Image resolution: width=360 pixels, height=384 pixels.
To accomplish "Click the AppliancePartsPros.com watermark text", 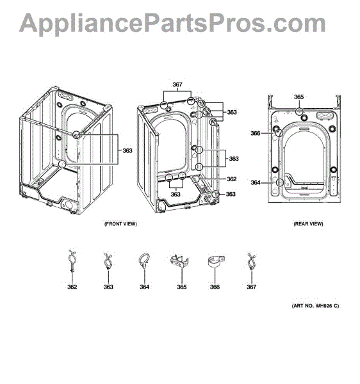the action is tap(172, 22).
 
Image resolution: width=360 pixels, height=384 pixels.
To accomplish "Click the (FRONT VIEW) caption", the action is tap(120, 224).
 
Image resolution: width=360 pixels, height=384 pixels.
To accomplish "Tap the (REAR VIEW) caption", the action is tap(308, 224).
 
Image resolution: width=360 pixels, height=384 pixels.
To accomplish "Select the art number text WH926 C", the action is tap(327, 306).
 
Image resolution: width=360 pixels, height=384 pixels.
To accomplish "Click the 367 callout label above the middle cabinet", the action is tap(177, 84).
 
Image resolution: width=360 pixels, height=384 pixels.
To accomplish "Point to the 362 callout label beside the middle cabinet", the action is tap(232, 179).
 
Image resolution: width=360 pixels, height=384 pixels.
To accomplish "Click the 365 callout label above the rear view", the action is tap(299, 97).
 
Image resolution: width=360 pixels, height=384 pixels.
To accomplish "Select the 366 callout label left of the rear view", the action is tap(256, 133).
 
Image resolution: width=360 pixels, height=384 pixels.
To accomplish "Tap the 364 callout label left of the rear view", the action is tap(256, 182).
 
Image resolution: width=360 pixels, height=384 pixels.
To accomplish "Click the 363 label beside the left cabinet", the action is tap(127, 150).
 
